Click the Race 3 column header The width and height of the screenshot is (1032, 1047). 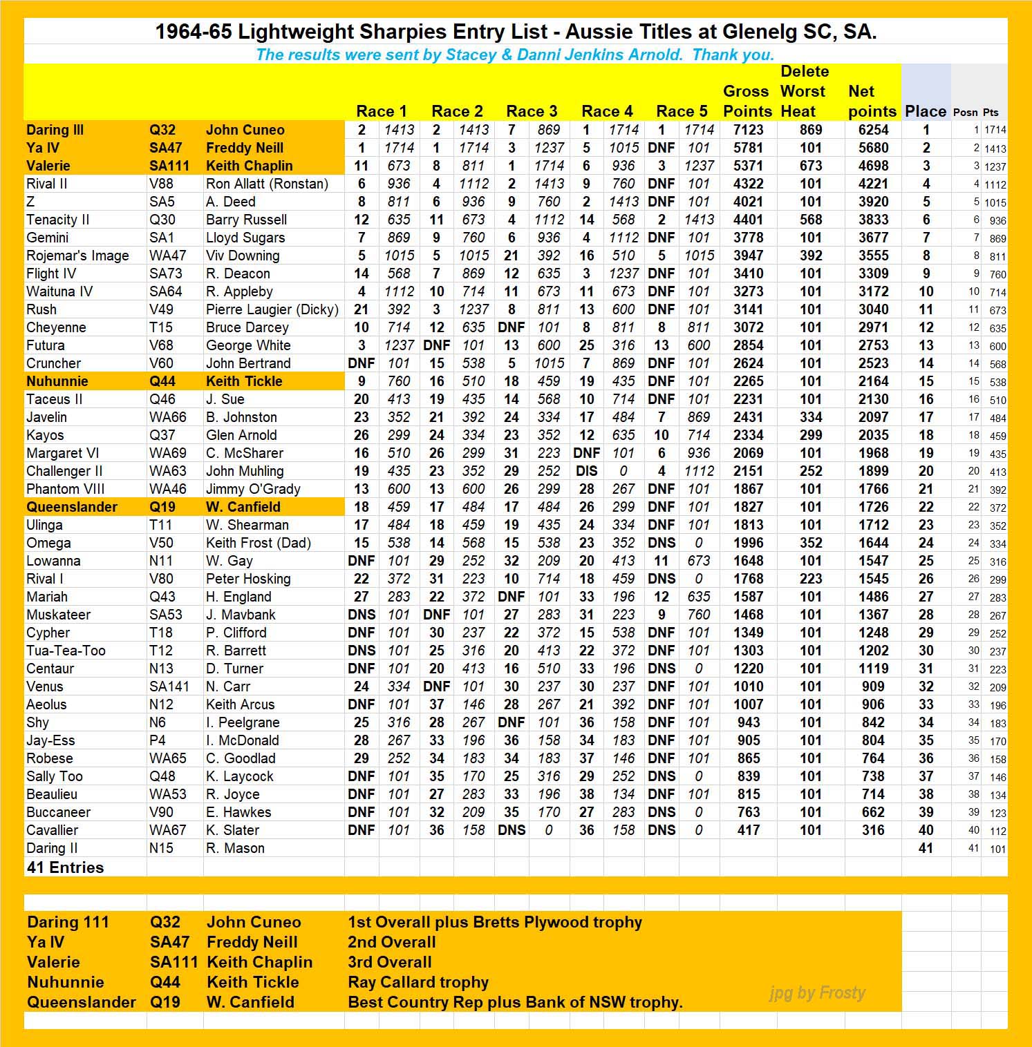(x=532, y=111)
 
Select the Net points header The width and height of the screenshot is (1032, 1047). (x=872, y=102)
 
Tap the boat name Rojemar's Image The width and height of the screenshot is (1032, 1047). (x=77, y=256)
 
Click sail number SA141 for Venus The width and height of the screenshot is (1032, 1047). (x=169, y=686)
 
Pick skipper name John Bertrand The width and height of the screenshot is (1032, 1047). (x=248, y=363)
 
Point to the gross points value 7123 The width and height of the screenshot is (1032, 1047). (x=748, y=130)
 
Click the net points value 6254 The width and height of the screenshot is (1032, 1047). (x=873, y=130)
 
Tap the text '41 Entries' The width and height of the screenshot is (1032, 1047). (x=65, y=867)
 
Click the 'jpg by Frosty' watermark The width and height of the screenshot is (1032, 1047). (x=817, y=993)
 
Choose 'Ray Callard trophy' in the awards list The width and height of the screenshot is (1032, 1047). (x=418, y=982)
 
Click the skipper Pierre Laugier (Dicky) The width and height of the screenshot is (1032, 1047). (x=272, y=309)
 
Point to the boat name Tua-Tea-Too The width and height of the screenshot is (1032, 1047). (x=66, y=651)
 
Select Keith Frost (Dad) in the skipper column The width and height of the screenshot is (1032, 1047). (x=258, y=543)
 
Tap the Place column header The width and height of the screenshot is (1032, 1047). (x=925, y=111)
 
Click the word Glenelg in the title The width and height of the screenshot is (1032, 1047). (x=760, y=32)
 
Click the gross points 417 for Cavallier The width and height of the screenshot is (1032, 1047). (x=748, y=830)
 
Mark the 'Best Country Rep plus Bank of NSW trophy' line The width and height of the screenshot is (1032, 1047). (x=515, y=1002)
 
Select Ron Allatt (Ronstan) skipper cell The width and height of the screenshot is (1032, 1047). (x=267, y=184)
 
